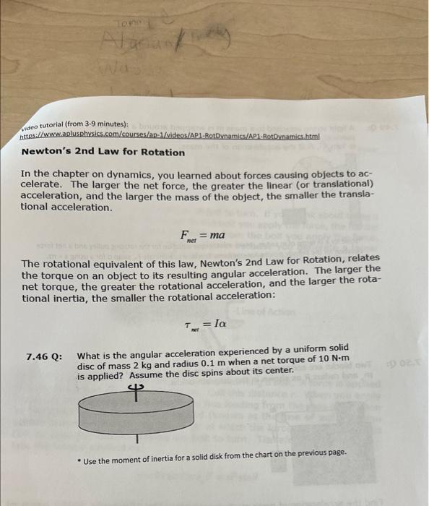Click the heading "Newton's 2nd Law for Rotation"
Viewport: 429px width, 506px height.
(x=103, y=152)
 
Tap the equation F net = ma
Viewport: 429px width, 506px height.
(x=202, y=236)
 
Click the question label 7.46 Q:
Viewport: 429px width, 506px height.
(x=44, y=356)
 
